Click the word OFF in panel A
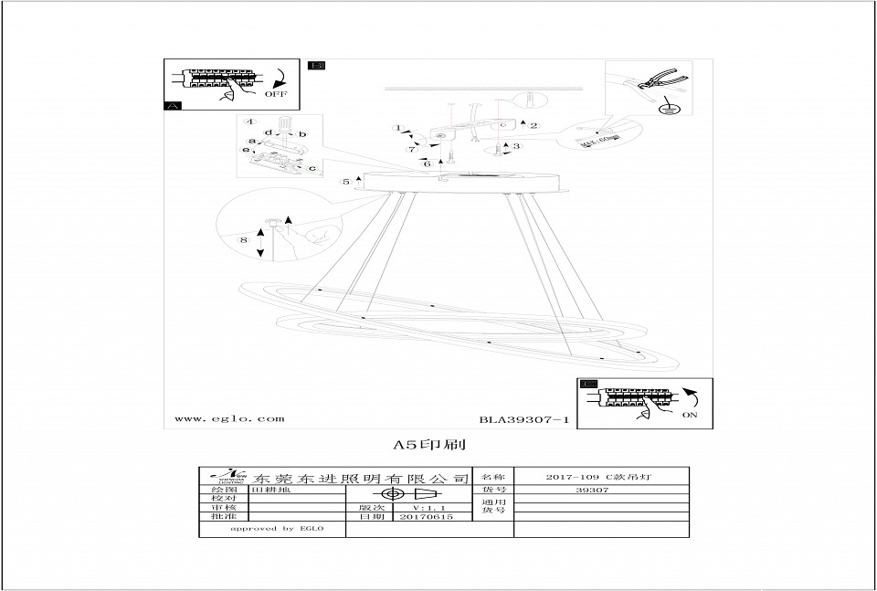click(x=275, y=93)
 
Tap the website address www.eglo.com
click(x=228, y=419)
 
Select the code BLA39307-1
click(x=523, y=420)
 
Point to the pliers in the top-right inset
click(x=657, y=83)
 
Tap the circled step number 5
click(x=346, y=183)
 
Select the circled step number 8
click(x=243, y=239)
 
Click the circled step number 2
click(x=533, y=125)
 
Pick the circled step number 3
click(x=516, y=146)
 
